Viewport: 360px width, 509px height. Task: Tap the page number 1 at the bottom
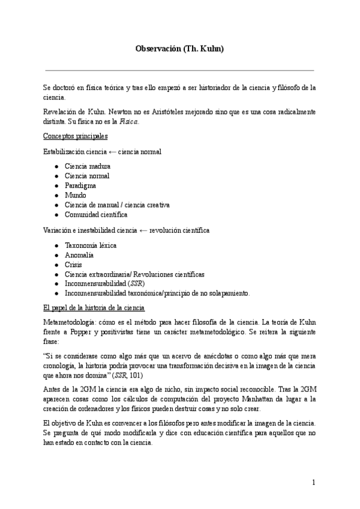pyautogui.click(x=313, y=482)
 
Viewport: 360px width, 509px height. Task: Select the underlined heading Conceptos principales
pyautogui.click(x=76, y=136)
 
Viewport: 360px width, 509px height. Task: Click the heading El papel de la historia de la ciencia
pyautogui.click(x=94, y=308)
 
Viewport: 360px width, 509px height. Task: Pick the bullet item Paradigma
pyautogui.click(x=80, y=185)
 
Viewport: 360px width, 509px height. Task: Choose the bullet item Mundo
pyautogui.click(x=75, y=195)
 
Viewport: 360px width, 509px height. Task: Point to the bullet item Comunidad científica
pyautogui.click(x=96, y=214)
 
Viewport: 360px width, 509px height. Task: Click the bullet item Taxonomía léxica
pyautogui.click(x=91, y=245)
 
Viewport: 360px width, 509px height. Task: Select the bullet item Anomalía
pyautogui.click(x=79, y=254)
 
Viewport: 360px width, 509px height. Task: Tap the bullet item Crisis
pyautogui.click(x=74, y=264)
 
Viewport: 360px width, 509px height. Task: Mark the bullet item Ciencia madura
pyautogui.click(x=88, y=166)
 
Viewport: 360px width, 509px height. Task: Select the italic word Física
pyautogui.click(x=129, y=121)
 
